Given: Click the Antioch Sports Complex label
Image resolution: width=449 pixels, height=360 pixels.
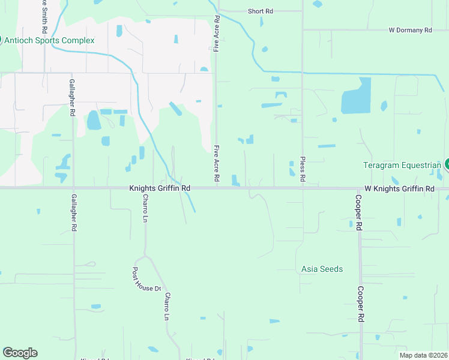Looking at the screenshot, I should click(x=50, y=40).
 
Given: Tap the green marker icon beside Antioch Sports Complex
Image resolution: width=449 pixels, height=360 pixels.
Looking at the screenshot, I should click(x=1, y=40).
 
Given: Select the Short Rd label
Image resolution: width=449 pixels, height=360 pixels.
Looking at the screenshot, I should click(x=261, y=11).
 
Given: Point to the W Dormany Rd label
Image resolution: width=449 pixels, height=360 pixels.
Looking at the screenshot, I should click(x=410, y=29).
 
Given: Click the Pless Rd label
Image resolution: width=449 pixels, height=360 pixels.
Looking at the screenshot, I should click(x=302, y=171).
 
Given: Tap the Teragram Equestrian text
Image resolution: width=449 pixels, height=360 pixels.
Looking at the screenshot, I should click(x=402, y=165).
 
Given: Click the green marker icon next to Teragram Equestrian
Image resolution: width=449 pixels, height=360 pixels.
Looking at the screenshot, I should click(x=447, y=164).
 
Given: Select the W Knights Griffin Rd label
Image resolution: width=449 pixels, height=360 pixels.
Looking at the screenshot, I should click(x=399, y=188).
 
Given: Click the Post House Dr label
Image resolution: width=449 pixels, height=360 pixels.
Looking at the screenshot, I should click(x=146, y=279).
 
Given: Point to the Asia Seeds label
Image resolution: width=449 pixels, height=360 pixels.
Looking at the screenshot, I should click(x=322, y=269).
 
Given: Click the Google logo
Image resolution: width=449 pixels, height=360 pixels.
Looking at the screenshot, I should click(x=20, y=353).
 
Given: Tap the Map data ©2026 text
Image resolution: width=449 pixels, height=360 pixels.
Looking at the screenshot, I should click(x=423, y=355).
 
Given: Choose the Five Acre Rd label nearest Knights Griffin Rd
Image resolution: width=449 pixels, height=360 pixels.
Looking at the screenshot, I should click(x=216, y=163).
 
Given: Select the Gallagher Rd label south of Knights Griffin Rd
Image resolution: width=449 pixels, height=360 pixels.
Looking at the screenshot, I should click(x=74, y=212).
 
